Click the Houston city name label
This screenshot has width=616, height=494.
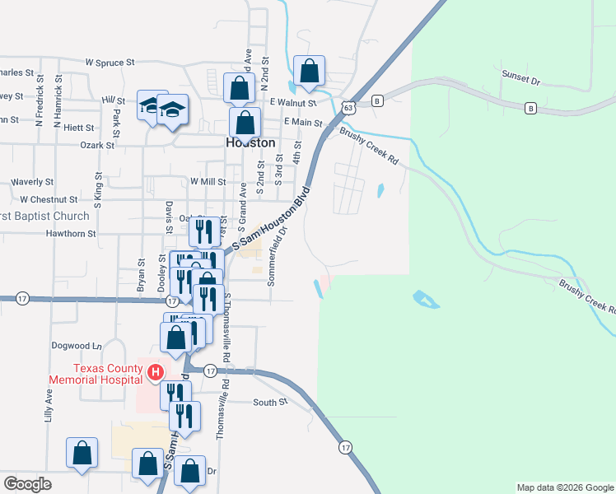pyautogui.click(x=250, y=142)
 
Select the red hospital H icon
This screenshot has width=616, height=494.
pyautogui.click(x=153, y=374)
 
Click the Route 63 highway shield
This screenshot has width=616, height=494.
pyautogui.click(x=349, y=107)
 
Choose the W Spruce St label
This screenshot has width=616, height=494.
pyautogui.click(x=110, y=62)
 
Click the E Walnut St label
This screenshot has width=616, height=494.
pyautogui.click(x=293, y=103)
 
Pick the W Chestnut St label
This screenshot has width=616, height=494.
pyautogui.click(x=49, y=199)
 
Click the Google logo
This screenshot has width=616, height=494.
pyautogui.click(x=27, y=484)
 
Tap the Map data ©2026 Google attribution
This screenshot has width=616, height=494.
pyautogui.click(x=565, y=487)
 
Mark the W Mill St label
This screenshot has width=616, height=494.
pyautogui.click(x=208, y=181)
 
